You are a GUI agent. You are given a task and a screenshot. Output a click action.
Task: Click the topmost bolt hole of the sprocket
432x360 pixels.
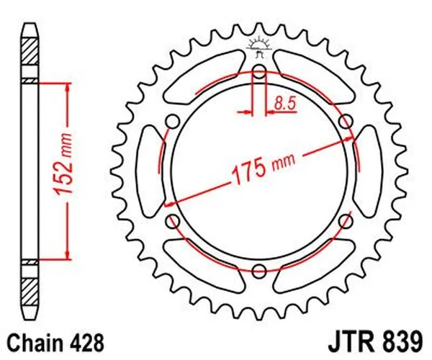tap(259, 71)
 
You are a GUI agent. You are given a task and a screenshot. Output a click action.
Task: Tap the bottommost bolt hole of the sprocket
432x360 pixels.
tap(259, 271)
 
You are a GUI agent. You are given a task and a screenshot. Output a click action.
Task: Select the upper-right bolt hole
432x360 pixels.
tap(346, 120)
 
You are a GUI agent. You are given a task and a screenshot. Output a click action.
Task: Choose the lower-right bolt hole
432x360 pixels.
tap(346, 221)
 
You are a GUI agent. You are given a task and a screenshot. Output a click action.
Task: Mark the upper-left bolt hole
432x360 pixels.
tap(172, 120)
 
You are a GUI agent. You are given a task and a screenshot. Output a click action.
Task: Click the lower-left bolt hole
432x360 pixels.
tap(172, 221)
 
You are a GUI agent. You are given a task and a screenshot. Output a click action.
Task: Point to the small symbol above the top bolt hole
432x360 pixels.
tap(259, 47)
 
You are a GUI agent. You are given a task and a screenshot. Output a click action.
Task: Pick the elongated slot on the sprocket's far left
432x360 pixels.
tap(147, 171)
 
